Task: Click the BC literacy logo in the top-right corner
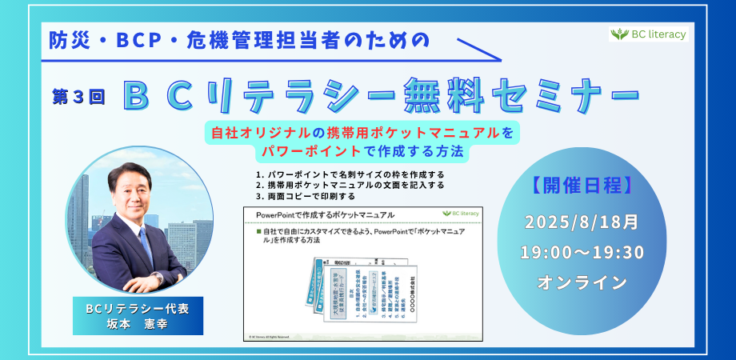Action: pos(648,34)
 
